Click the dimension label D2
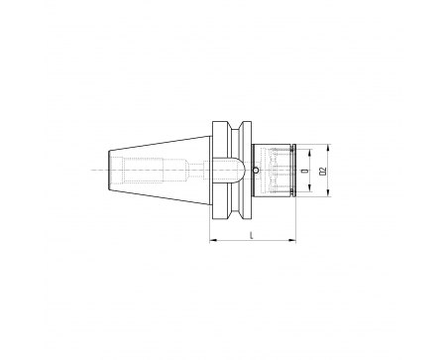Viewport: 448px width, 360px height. (323, 171)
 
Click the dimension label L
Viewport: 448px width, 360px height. (252, 235)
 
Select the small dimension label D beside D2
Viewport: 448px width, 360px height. (304, 171)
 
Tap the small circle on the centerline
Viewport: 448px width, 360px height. (256, 171)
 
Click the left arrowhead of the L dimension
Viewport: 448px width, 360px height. (213, 240)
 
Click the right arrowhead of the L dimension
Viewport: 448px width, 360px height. (292, 240)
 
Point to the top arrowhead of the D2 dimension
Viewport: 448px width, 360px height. (328, 148)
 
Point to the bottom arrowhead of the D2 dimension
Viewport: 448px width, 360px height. (328, 193)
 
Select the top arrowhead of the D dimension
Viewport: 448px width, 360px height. (309, 153)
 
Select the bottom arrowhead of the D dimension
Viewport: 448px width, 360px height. (309, 188)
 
